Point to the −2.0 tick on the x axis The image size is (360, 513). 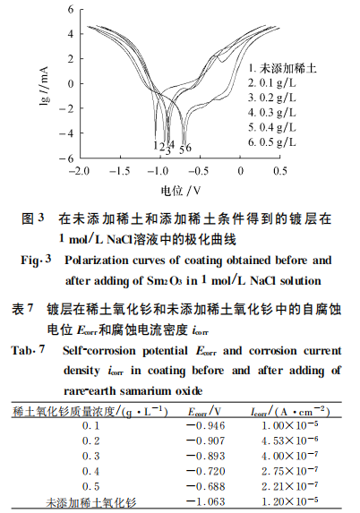[x=81, y=168]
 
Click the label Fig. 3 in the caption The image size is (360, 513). [x=39, y=261]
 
